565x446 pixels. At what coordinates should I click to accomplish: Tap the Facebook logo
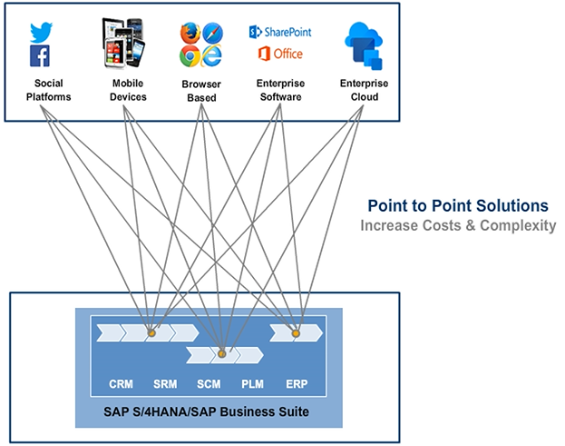[x=40, y=56]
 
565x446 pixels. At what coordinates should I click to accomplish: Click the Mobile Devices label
[x=128, y=90]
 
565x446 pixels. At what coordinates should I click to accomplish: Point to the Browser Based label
[x=201, y=90]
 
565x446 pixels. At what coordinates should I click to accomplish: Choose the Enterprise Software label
[x=279, y=90]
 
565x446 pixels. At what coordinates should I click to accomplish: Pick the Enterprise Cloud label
[x=365, y=90]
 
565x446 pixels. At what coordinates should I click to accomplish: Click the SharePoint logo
[x=280, y=32]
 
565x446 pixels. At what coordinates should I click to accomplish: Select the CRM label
[x=121, y=383]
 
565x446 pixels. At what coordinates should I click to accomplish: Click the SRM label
[x=165, y=383]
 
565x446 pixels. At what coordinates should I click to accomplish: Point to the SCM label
[x=209, y=383]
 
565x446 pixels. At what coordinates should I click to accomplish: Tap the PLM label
[x=252, y=383]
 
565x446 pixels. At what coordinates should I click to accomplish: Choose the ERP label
[x=296, y=383]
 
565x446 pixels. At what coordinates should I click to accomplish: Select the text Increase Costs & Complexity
[x=457, y=224]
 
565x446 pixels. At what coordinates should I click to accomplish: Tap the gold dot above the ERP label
[x=296, y=333]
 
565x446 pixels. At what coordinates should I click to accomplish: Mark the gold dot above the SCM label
[x=221, y=352]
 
